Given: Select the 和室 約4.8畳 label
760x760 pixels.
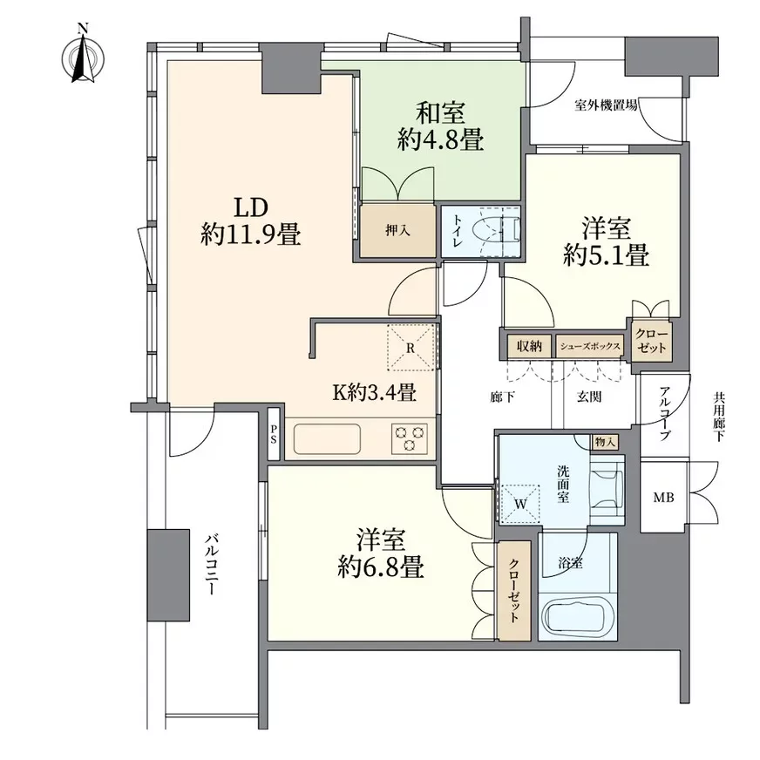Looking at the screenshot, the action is (441, 126).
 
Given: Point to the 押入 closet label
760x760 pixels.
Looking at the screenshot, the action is (397, 230).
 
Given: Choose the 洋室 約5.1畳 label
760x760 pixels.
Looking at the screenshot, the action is (606, 242).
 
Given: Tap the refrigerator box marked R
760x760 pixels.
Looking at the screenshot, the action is (411, 348).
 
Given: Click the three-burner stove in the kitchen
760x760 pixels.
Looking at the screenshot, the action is (410, 438).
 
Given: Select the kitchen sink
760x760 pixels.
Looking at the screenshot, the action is (327, 439).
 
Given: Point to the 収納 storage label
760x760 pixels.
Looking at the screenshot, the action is (529, 346).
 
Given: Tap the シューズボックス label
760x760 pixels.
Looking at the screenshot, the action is (590, 347).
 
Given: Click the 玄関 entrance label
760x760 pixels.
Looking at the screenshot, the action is (589, 397).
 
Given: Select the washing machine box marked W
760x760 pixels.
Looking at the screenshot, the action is (519, 504).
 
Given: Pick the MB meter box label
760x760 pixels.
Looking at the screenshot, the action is (663, 498).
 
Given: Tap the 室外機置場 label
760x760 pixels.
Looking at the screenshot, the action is (606, 105).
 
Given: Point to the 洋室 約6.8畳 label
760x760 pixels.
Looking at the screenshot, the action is (381, 553).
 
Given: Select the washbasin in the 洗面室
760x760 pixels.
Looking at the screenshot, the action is (607, 491).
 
